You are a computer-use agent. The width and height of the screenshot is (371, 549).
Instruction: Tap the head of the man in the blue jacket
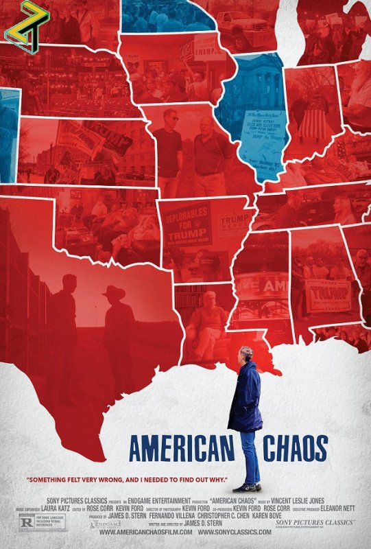[x=247, y=354]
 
